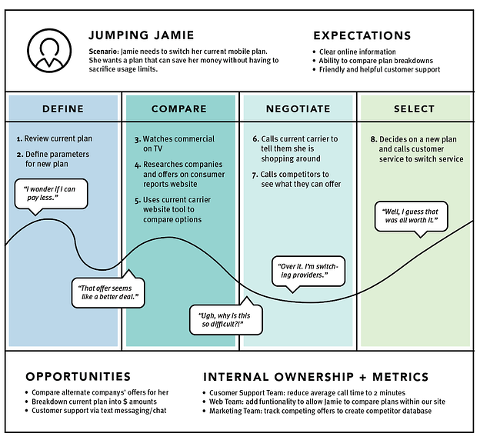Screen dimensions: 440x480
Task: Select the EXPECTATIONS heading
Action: coord(362,35)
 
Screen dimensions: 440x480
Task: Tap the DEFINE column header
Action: coord(63,108)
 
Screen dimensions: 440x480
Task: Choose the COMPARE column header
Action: coord(179,108)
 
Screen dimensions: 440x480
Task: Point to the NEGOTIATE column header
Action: coord(298,108)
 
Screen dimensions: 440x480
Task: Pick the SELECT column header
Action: coord(415,108)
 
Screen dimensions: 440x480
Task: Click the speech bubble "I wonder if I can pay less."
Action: coord(52,194)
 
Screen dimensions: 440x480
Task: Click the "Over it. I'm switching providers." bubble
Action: coord(306,270)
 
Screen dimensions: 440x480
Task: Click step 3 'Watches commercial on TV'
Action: coord(175,145)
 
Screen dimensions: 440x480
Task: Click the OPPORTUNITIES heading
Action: coord(78,377)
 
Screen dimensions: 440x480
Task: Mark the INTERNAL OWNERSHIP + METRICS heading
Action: coord(315,377)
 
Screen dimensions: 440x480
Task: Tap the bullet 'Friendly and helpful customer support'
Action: coord(379,69)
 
